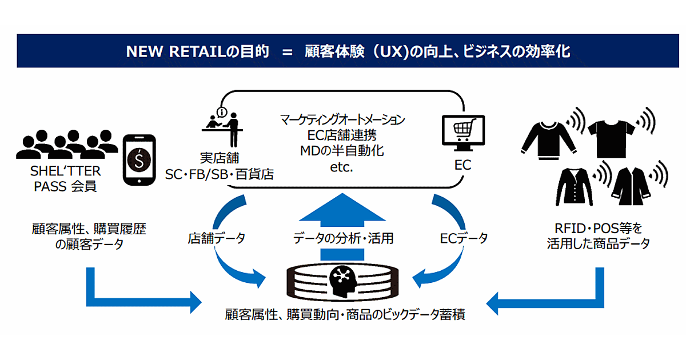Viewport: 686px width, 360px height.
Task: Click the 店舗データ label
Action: coord(216,238)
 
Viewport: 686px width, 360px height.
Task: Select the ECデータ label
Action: coord(464,238)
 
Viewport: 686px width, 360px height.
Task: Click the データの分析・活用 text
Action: coord(344,238)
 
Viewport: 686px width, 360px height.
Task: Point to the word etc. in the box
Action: coord(342,167)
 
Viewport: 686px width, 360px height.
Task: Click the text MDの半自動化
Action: coord(342,151)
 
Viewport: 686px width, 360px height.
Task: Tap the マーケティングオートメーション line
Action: coord(342,120)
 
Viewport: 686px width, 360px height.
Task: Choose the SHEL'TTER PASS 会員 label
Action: coord(64,178)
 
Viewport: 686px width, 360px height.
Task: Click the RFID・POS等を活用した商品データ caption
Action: coord(598,236)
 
